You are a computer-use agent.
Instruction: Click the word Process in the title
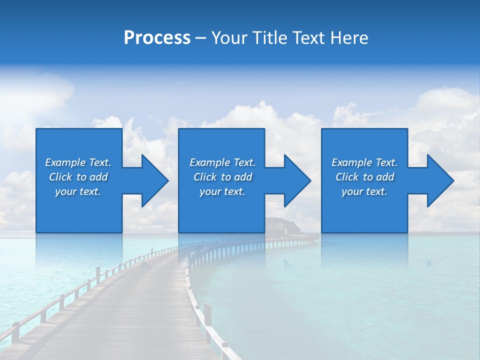[x=157, y=38]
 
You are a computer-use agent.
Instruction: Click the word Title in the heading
[x=268, y=38]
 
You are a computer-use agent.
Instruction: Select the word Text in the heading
[x=308, y=38]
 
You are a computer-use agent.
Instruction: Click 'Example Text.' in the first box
[x=78, y=162]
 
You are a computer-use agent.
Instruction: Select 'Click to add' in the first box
[x=78, y=177]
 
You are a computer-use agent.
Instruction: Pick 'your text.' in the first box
[x=78, y=191]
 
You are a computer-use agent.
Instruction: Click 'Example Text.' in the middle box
[x=222, y=162]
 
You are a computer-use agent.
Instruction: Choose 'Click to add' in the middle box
[x=222, y=177]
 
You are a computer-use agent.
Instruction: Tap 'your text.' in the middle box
[x=222, y=191]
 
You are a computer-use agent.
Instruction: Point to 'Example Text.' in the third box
[x=364, y=162]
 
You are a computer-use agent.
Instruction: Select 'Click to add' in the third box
[x=364, y=177]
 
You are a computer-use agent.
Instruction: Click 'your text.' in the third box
[x=364, y=191]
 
